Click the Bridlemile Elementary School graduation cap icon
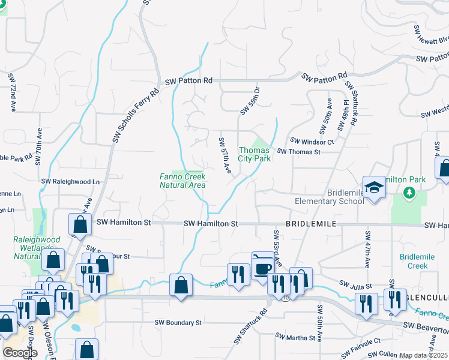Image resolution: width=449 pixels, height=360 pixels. coord(373,187)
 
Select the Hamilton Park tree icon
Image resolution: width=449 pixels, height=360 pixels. coord(410,193)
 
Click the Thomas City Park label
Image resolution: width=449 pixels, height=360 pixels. coord(255,154)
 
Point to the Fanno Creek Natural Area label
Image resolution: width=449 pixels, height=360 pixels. coord(182,181)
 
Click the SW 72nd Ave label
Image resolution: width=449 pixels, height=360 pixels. coord(12,93)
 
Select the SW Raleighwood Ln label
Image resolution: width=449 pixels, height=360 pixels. coord(70,181)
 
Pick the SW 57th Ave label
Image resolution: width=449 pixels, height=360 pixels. coord(225,156)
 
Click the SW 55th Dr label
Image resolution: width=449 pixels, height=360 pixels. coord(250,100)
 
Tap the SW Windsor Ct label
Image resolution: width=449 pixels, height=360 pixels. coord(312,142)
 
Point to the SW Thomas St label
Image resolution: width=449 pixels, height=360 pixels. coord(298,152)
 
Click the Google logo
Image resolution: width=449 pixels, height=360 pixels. coord(20,353)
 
